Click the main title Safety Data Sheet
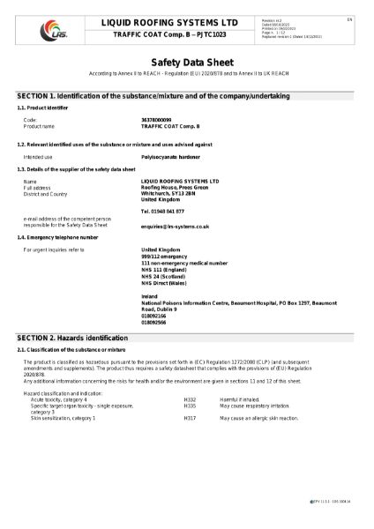click(187, 63)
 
